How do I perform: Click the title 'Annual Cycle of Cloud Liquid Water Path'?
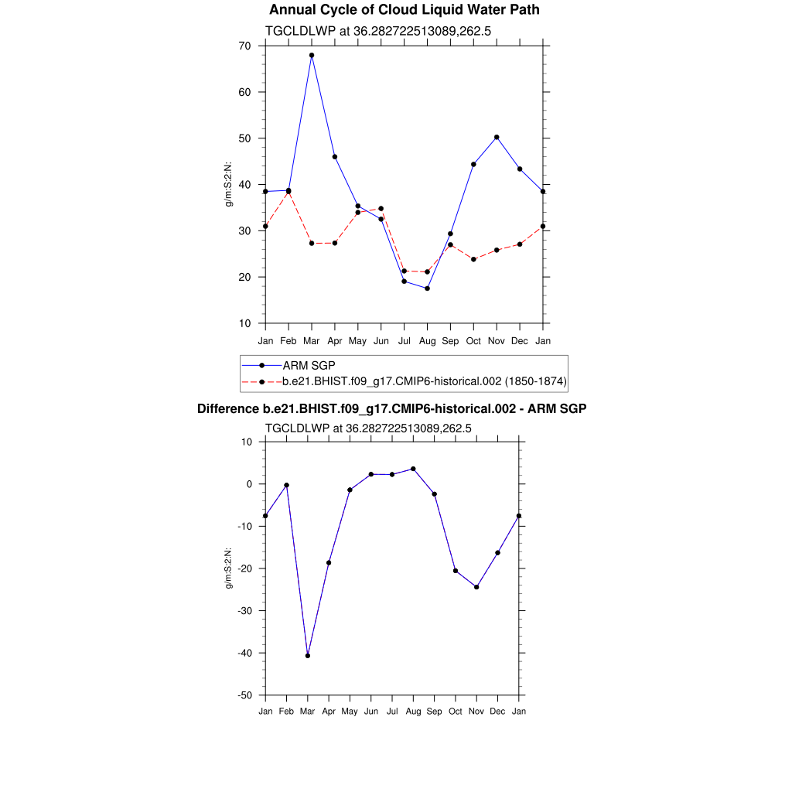(404, 10)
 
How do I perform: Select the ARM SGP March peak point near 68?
(312, 56)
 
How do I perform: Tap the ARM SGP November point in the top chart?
(497, 137)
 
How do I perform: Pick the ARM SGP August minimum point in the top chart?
(427, 288)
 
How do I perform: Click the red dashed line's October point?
(473, 259)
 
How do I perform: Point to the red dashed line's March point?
(312, 243)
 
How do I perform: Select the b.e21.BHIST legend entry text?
(425, 381)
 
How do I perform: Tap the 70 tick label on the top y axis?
(244, 46)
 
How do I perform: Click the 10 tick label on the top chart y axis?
(244, 323)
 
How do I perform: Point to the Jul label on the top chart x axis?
(404, 341)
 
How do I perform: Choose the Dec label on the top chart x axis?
(520, 341)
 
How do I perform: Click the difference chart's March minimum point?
(308, 656)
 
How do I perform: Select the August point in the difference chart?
(413, 469)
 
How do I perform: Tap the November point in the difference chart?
(476, 587)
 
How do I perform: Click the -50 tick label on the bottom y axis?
(245, 695)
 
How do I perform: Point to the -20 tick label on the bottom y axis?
(245, 568)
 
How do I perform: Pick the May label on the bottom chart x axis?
(350, 712)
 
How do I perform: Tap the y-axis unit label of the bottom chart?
(229, 568)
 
